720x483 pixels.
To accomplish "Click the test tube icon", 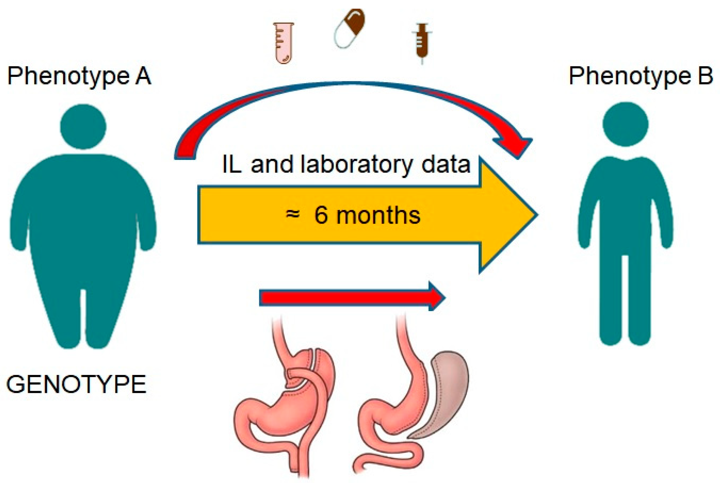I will point(283,43).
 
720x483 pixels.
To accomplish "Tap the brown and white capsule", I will point(349,28).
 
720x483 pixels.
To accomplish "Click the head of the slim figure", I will point(625,124).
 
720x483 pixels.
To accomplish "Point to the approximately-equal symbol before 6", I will point(292,214).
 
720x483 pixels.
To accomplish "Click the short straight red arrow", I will point(352,298).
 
